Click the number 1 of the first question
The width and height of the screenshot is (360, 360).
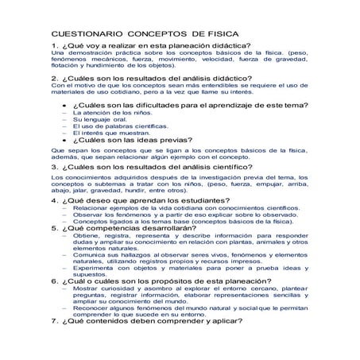[x=54, y=47]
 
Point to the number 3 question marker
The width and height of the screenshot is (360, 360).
[x=54, y=167]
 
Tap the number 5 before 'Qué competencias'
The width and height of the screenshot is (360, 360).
[x=54, y=227]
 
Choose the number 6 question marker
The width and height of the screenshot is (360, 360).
[x=54, y=281]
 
